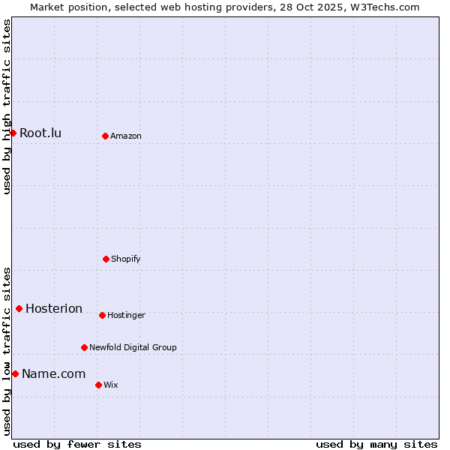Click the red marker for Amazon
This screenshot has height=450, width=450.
pos(105,136)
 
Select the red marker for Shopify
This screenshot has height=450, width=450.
pos(106,259)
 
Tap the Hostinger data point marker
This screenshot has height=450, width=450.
pos(102,315)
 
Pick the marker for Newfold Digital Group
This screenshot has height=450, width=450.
pos(84,347)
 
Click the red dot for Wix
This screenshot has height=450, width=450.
pos(98,385)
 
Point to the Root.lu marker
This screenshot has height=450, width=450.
pos(13,133)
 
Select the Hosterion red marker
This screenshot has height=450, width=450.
pos(19,308)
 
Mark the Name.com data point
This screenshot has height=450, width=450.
pos(15,373)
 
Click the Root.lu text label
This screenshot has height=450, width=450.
pos(40,133)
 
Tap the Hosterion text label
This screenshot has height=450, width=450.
pos(54,309)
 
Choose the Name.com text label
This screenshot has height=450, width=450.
pos(53,374)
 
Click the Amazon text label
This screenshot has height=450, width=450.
pos(126,136)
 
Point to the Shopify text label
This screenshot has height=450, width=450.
pos(126,259)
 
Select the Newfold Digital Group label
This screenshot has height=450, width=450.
pos(133,348)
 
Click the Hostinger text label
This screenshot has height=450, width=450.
pos(126,316)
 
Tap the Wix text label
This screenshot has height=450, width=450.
pos(111,385)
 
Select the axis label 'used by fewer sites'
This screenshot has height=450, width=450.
pos(77,444)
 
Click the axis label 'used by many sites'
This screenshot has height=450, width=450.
pos(376,444)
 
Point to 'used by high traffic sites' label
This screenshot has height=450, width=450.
pos(7,106)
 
